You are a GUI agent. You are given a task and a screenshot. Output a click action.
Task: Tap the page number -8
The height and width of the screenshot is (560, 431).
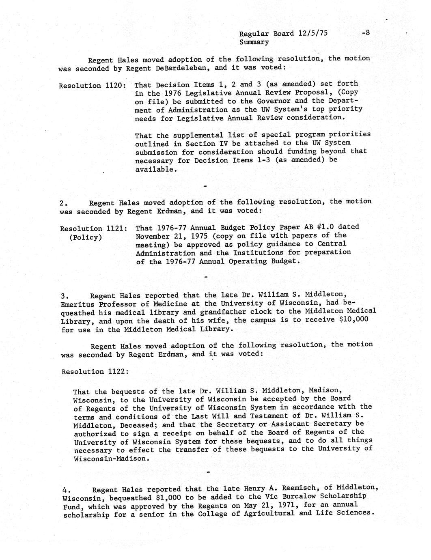(x=365, y=33)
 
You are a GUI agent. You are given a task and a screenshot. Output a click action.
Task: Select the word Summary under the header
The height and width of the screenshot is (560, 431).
(x=254, y=42)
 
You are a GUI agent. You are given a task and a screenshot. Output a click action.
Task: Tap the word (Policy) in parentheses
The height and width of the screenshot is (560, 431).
(x=85, y=238)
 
